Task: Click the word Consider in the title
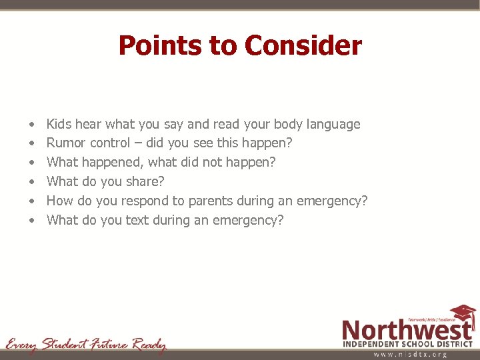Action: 303,45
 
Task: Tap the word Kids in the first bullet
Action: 59,124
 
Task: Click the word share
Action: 145,181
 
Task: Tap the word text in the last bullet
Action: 137,220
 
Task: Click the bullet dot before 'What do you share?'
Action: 33,182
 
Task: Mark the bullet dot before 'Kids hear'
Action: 33,125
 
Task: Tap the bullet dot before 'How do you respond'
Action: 33,201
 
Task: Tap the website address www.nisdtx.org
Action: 410,355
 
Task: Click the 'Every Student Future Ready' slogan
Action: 85,345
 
